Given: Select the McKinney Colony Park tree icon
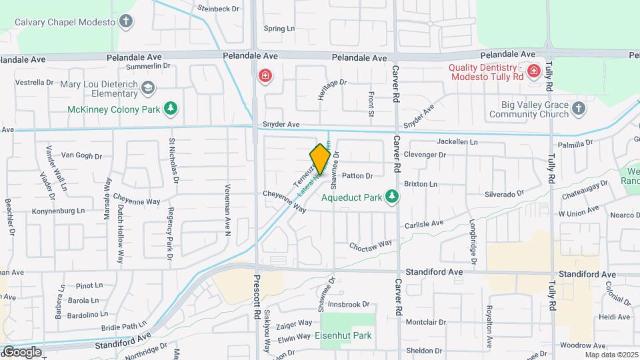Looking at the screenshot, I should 171,109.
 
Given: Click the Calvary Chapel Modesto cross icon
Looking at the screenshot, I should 126,21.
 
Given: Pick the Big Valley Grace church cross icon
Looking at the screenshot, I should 579,109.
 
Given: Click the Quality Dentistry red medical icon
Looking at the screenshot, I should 533,71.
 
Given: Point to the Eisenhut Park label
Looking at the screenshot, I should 343,335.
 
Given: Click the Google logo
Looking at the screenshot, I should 22,352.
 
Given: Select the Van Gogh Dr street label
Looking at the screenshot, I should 81,156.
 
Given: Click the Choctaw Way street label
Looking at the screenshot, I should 372,245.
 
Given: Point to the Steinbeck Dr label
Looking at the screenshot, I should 217,9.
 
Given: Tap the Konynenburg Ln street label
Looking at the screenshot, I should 59,211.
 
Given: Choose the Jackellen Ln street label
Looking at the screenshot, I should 457,142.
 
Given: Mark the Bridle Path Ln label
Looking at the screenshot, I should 124,327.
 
